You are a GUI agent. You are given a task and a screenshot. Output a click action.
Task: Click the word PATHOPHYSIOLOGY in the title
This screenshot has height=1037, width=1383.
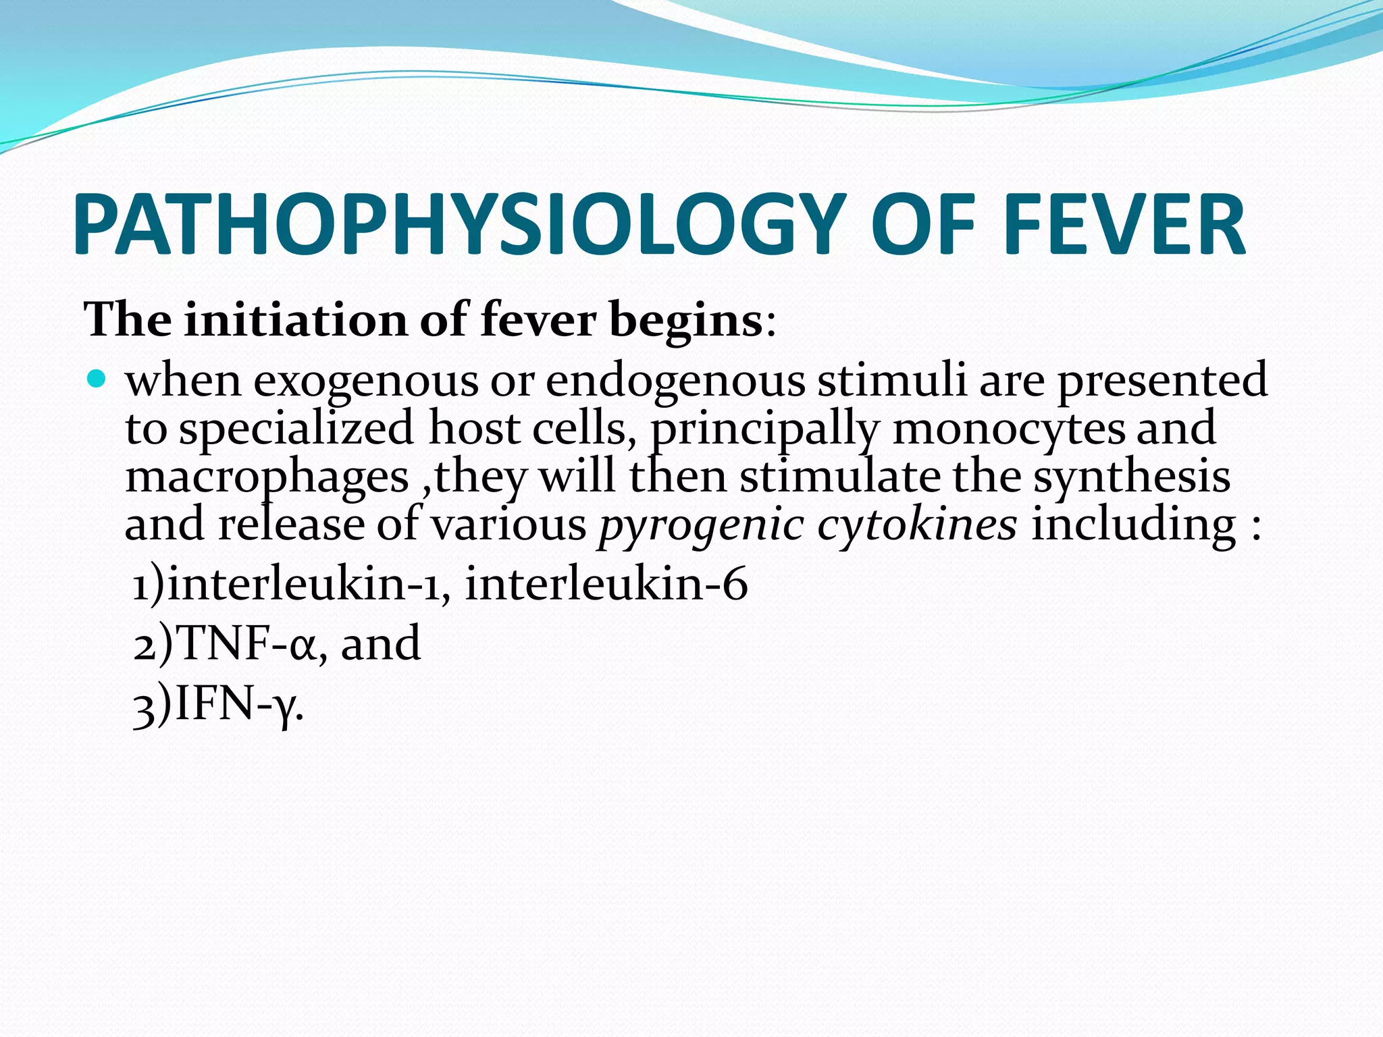click(x=459, y=225)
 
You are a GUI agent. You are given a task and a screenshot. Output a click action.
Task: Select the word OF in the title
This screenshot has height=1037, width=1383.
click(x=922, y=225)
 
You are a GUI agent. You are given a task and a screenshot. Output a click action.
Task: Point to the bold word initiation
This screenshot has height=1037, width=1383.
click(x=295, y=319)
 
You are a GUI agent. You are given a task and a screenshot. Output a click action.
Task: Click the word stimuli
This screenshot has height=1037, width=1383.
click(x=891, y=379)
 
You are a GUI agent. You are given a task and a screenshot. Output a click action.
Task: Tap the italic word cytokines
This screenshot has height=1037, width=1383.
click(x=916, y=524)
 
